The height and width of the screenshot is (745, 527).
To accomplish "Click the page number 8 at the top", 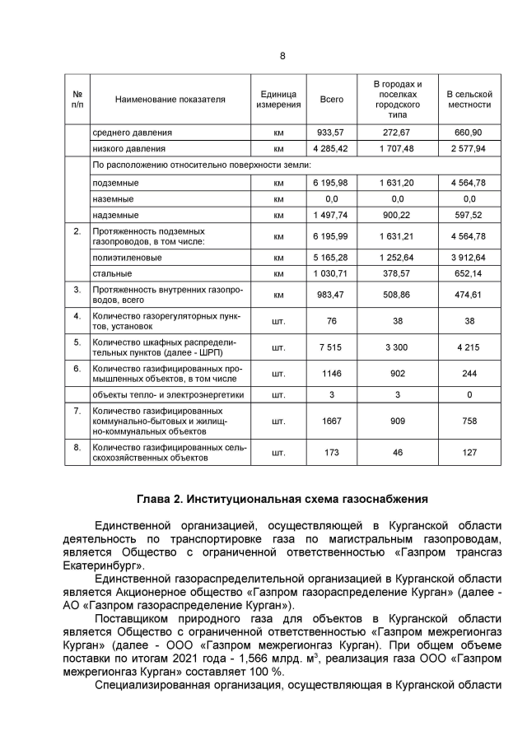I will [282, 56].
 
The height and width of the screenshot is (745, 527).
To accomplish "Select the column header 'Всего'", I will [331, 100].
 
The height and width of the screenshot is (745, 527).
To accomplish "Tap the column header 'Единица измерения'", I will [277, 100].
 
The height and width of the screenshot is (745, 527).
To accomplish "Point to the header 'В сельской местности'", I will [469, 100].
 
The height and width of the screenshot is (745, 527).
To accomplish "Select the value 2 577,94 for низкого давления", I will [469, 149].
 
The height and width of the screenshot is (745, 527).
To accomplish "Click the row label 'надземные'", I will [115, 215].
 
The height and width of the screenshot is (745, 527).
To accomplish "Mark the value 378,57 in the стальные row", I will [398, 273].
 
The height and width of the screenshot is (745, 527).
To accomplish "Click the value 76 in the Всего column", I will [331, 320].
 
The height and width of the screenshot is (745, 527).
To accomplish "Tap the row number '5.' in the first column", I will [77, 341].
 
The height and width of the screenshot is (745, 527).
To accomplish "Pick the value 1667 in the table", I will [331, 421].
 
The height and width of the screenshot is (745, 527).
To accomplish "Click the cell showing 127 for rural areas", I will [469, 452].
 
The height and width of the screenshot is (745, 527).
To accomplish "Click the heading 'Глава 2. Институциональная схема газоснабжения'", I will [282, 499].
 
